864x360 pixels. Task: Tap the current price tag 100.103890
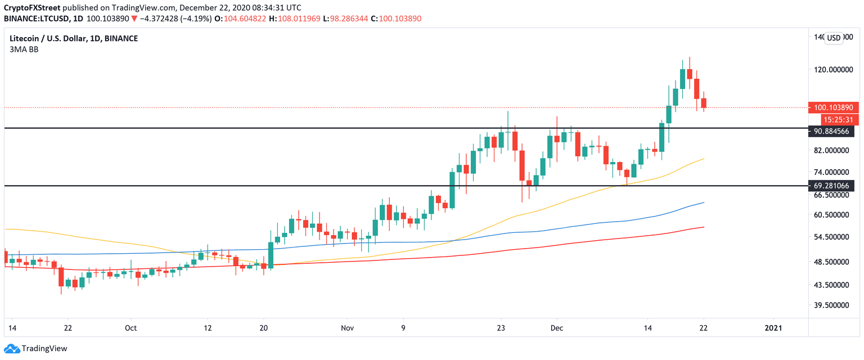[831, 107]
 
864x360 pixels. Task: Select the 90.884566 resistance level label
[831, 132]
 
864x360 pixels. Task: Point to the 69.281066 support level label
[831, 185]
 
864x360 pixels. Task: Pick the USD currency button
[833, 38]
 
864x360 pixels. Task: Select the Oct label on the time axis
[130, 327]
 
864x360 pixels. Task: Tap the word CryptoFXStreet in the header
[31, 8]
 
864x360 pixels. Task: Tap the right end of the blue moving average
[704, 202]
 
